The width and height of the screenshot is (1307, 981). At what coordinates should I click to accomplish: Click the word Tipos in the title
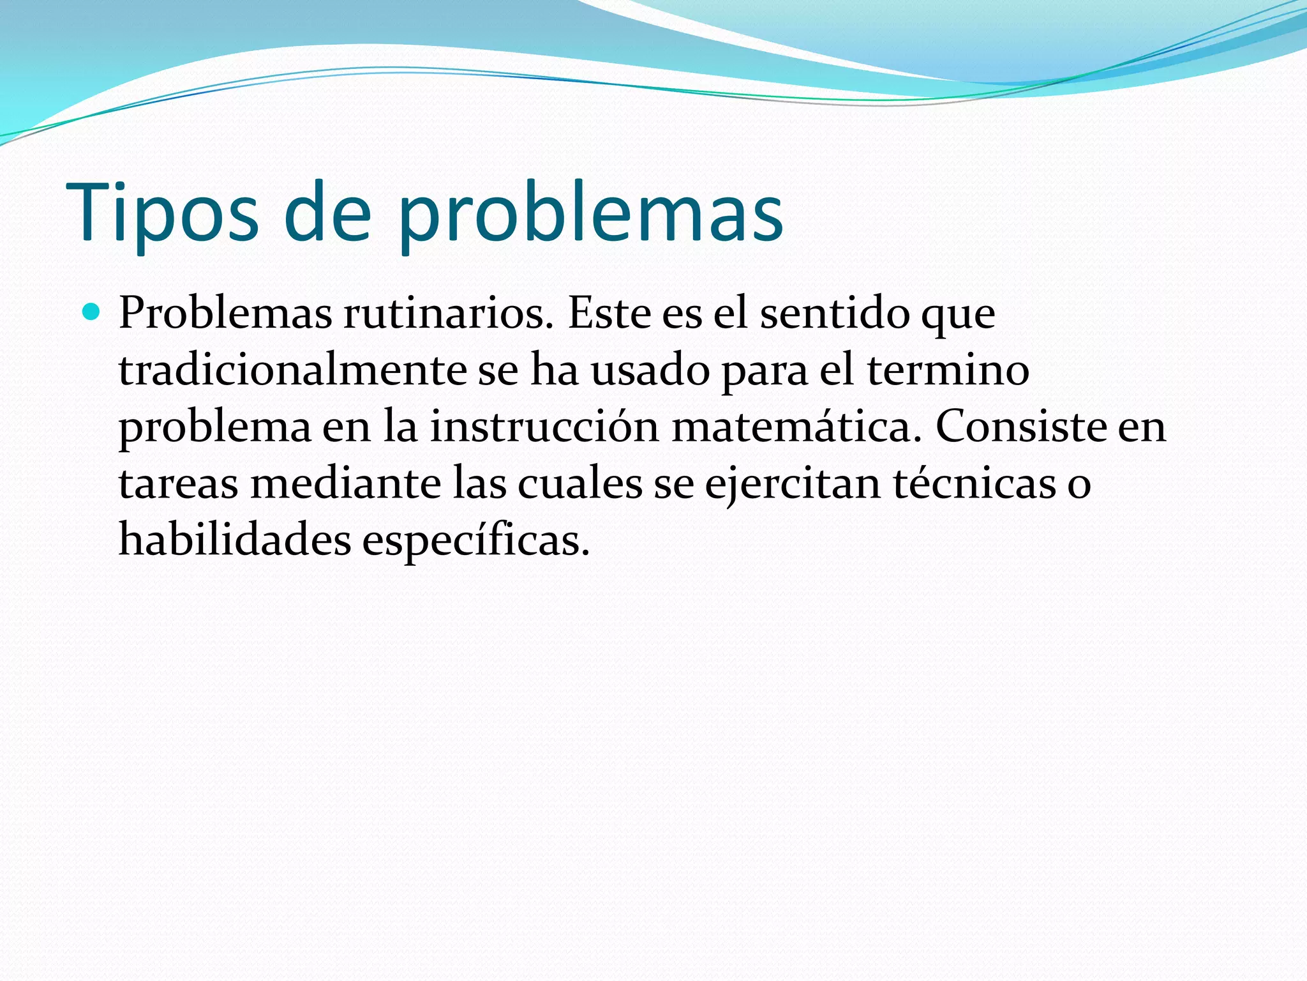pos(162,212)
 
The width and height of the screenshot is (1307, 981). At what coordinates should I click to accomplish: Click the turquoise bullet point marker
pos(92,313)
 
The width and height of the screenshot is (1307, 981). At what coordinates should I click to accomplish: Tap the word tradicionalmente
pos(293,370)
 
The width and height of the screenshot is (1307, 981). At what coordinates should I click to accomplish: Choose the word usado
pos(650,370)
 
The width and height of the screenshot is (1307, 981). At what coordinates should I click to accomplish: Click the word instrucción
pos(544,427)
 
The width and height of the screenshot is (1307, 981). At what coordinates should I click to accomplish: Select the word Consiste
pos(1020,427)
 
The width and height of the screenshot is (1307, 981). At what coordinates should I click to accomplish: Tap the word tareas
pos(179,483)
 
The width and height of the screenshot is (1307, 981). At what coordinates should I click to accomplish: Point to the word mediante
pos(345,483)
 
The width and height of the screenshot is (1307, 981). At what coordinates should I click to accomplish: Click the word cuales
pos(579,483)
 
